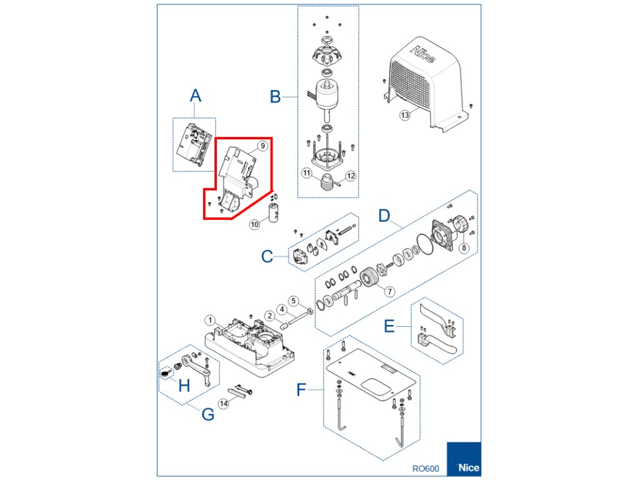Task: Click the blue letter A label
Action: tap(196, 96)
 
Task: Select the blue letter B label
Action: tap(275, 97)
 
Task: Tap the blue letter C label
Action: tap(267, 256)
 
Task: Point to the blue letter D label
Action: tap(385, 216)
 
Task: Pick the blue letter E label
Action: tap(389, 327)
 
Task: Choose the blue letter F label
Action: tap(302, 391)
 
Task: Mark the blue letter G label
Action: tap(207, 414)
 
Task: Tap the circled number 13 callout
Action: tap(405, 115)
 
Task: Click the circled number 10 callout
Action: tap(255, 224)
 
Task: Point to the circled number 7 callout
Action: tap(389, 291)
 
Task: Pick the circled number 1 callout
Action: tap(211, 320)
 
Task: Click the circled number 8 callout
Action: tap(463, 247)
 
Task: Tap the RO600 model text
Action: tap(426, 467)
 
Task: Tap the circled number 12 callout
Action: tap(351, 176)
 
